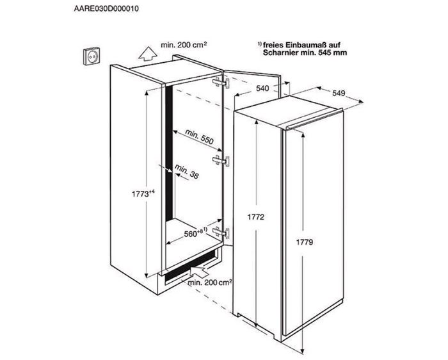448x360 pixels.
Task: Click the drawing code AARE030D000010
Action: (x=106, y=8)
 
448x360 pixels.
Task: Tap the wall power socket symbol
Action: (x=92, y=56)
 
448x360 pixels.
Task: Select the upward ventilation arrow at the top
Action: (x=147, y=54)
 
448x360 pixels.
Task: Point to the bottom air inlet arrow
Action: (x=201, y=270)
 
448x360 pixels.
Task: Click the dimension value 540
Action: (x=262, y=88)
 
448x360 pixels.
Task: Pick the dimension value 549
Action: (x=339, y=94)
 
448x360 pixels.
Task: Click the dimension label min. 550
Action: (x=199, y=136)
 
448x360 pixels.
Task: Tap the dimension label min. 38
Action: (x=187, y=172)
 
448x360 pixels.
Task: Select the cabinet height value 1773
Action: (x=140, y=194)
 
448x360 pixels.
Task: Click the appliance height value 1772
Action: (x=256, y=217)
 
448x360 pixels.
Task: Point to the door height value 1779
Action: (x=304, y=243)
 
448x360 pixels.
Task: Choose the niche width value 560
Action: (x=191, y=234)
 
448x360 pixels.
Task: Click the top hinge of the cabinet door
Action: (x=221, y=83)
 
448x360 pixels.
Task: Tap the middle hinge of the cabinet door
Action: (x=221, y=161)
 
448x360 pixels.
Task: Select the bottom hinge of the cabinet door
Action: (x=221, y=232)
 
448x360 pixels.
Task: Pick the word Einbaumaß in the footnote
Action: (x=305, y=45)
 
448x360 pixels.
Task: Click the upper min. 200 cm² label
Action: (x=184, y=45)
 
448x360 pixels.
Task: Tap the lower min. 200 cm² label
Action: (x=209, y=282)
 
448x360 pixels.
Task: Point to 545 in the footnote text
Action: (x=323, y=53)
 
